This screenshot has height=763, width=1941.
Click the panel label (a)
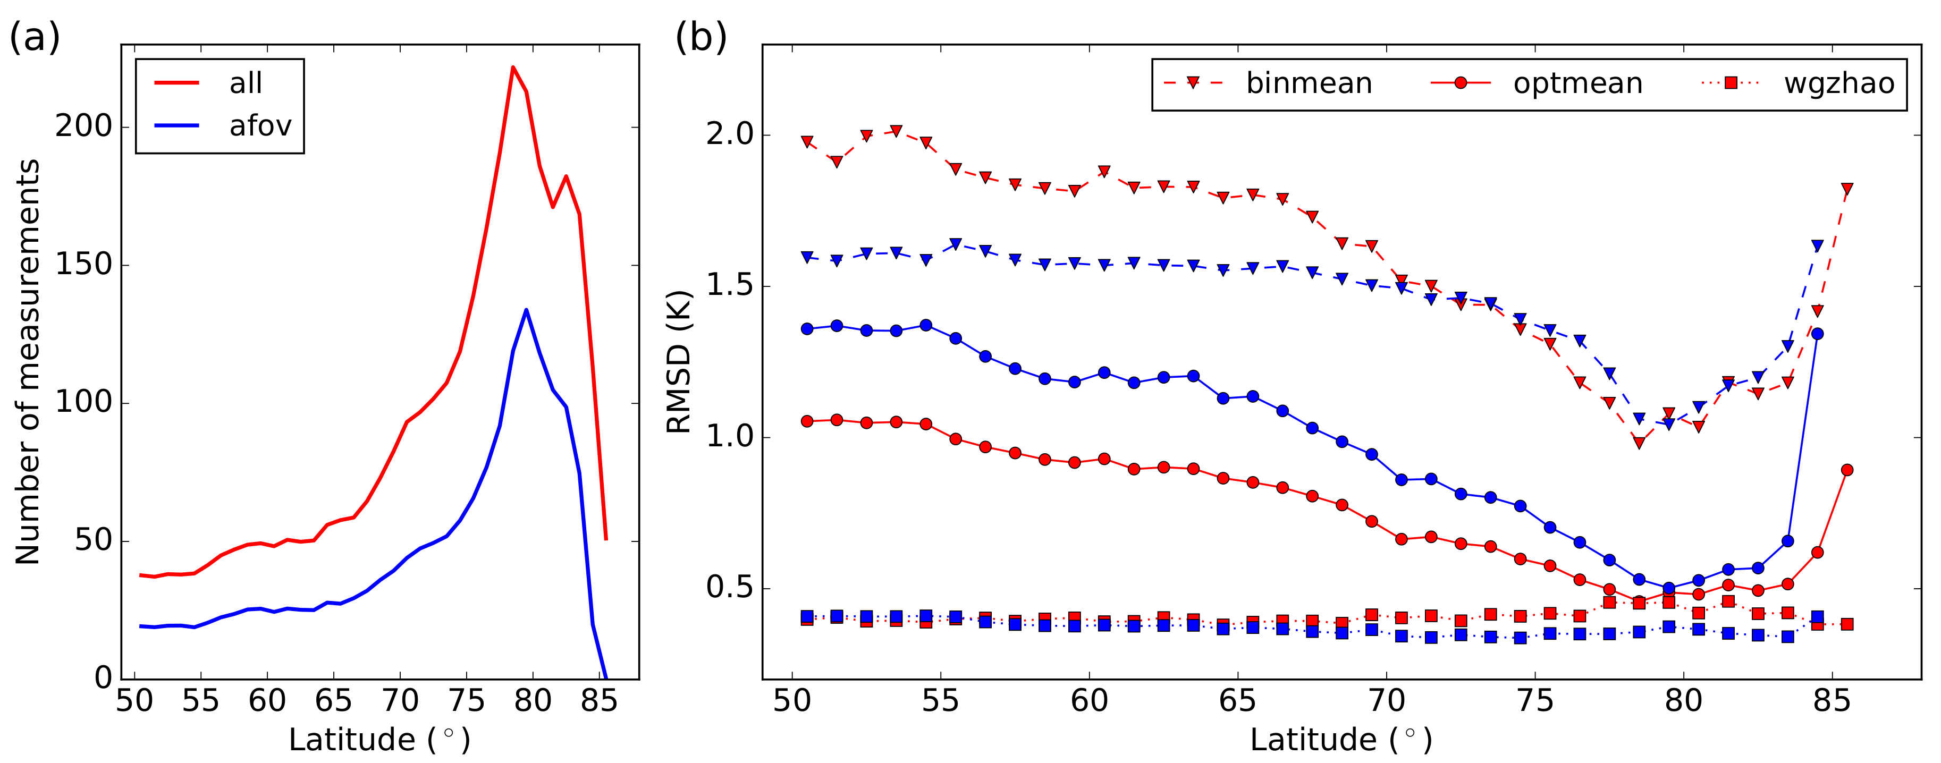pyautogui.click(x=35, y=38)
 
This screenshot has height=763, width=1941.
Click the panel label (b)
pyautogui.click(x=700, y=38)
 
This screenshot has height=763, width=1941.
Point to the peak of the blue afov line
pyautogui.click(x=526, y=310)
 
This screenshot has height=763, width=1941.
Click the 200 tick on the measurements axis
pyautogui.click(x=83, y=126)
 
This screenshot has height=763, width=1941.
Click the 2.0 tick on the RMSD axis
pyautogui.click(x=729, y=135)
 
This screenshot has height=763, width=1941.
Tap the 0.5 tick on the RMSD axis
pyautogui.click(x=729, y=588)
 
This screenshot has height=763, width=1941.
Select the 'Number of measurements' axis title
pyautogui.click(x=28, y=361)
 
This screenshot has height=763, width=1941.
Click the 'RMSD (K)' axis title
pyautogui.click(x=679, y=361)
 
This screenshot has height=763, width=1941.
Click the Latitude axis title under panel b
pyautogui.click(x=1341, y=740)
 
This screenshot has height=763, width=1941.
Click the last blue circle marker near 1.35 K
pyautogui.click(x=1817, y=334)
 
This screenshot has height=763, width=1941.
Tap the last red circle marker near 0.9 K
pyautogui.click(x=1847, y=470)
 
